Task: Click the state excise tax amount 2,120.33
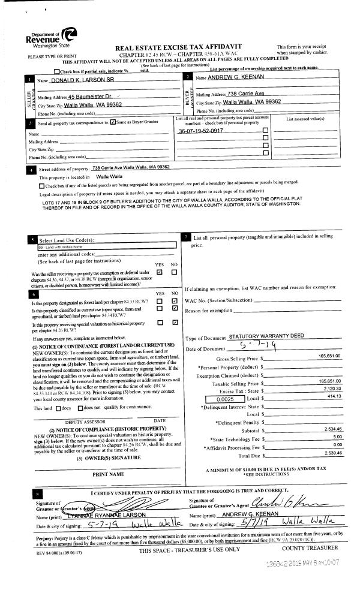pyautogui.click(x=330, y=389)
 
